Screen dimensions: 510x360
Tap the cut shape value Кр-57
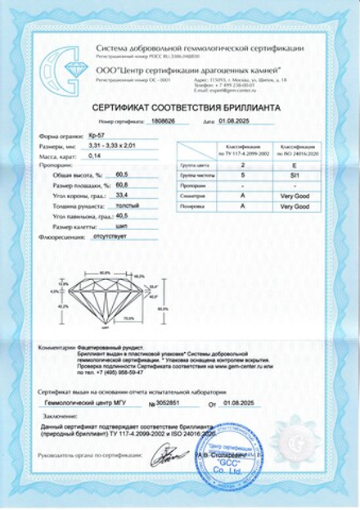point(97,133)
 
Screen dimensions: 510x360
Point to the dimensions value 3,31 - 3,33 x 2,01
point(115,144)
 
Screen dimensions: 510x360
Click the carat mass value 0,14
point(94,154)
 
